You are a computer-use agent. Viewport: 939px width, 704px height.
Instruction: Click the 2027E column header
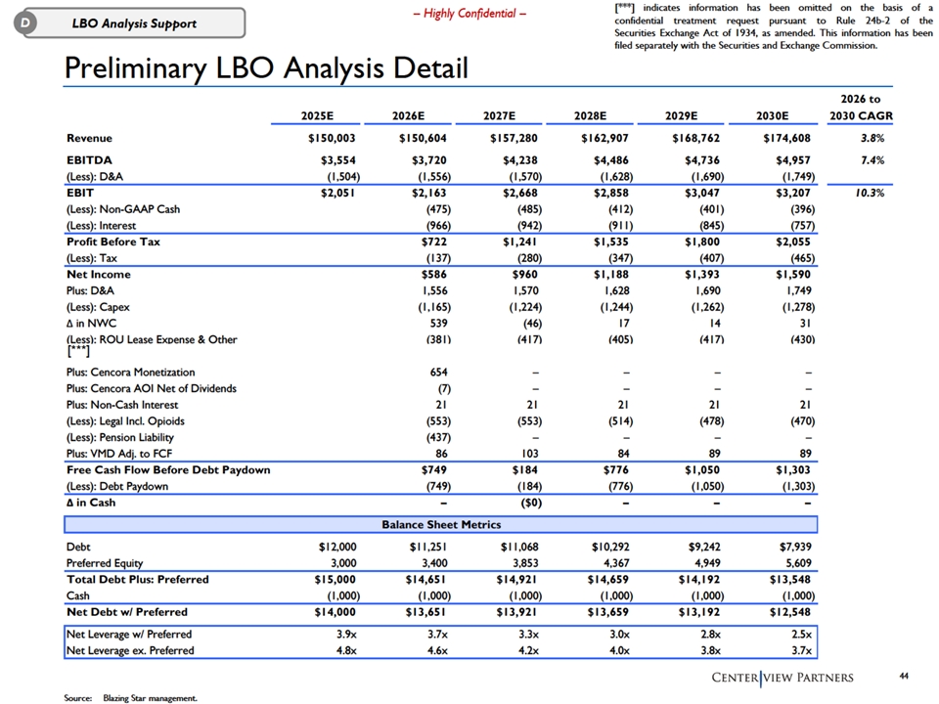click(499, 115)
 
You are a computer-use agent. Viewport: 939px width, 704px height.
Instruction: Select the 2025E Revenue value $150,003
click(332, 138)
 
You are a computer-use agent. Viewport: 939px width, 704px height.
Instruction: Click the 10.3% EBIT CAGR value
click(870, 193)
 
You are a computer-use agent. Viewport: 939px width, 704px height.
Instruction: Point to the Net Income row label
click(98, 274)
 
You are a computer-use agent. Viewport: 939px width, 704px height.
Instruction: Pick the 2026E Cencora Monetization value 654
click(438, 373)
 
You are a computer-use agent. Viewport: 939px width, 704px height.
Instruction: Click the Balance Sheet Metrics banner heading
click(441, 524)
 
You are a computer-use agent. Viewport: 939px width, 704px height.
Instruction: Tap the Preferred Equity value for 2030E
click(798, 563)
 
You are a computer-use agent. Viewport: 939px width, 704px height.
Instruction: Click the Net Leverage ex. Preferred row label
click(130, 651)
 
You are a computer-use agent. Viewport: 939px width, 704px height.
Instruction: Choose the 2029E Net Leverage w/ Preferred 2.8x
click(711, 635)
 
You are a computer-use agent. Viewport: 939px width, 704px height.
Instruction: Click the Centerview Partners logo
click(782, 678)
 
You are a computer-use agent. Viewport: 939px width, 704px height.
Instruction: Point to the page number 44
click(904, 676)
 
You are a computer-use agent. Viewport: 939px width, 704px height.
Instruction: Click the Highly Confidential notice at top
click(469, 14)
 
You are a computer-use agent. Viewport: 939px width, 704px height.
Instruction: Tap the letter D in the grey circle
click(25, 23)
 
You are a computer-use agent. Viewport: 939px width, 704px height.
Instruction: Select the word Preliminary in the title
click(135, 68)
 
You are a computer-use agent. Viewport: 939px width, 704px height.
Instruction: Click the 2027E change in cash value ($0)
click(529, 503)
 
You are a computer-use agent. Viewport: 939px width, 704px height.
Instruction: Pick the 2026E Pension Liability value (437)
click(438, 438)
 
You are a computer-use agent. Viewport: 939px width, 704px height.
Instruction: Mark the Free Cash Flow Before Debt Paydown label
click(168, 470)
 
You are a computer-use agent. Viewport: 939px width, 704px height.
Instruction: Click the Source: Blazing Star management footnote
click(130, 698)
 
